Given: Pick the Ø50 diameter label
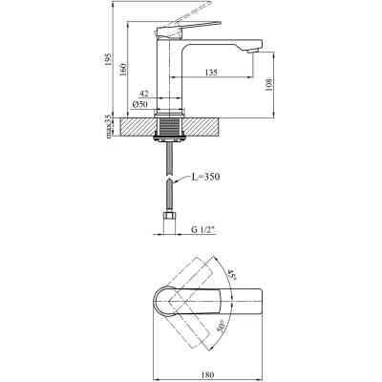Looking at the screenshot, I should point(138,104).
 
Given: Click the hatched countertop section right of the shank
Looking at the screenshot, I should point(205,125).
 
